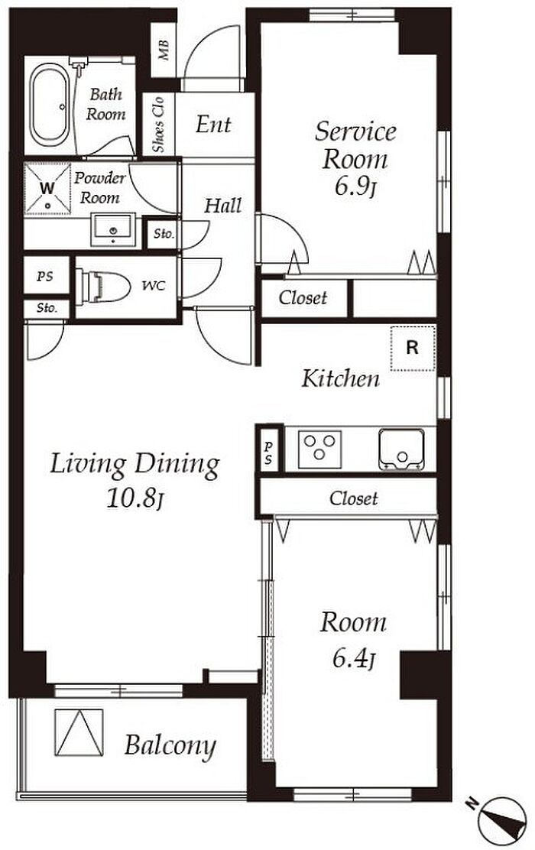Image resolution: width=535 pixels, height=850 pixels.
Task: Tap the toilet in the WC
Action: [x=103, y=287]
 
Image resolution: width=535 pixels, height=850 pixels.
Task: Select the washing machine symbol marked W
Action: [x=47, y=189]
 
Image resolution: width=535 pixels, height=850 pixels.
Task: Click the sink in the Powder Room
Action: [x=113, y=229]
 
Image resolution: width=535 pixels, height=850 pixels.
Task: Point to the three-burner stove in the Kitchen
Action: [x=319, y=448]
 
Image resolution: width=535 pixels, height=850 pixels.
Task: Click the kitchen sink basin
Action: [x=402, y=449]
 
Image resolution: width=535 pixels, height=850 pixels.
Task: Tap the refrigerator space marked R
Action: [x=413, y=348]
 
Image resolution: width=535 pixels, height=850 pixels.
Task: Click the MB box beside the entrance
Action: [x=164, y=50]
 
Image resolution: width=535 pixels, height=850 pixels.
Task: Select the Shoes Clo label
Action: [x=158, y=125]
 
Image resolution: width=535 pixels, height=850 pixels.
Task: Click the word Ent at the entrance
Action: [x=213, y=125]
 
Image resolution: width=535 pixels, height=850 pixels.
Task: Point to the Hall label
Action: [x=222, y=206]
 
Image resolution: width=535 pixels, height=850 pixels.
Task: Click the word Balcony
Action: [x=170, y=746]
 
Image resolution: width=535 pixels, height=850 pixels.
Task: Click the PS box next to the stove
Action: [x=269, y=448]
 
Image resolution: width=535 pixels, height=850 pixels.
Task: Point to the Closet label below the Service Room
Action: [x=303, y=297]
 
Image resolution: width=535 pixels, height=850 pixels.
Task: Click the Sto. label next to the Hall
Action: [x=164, y=234]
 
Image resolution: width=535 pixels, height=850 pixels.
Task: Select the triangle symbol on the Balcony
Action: [x=79, y=732]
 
